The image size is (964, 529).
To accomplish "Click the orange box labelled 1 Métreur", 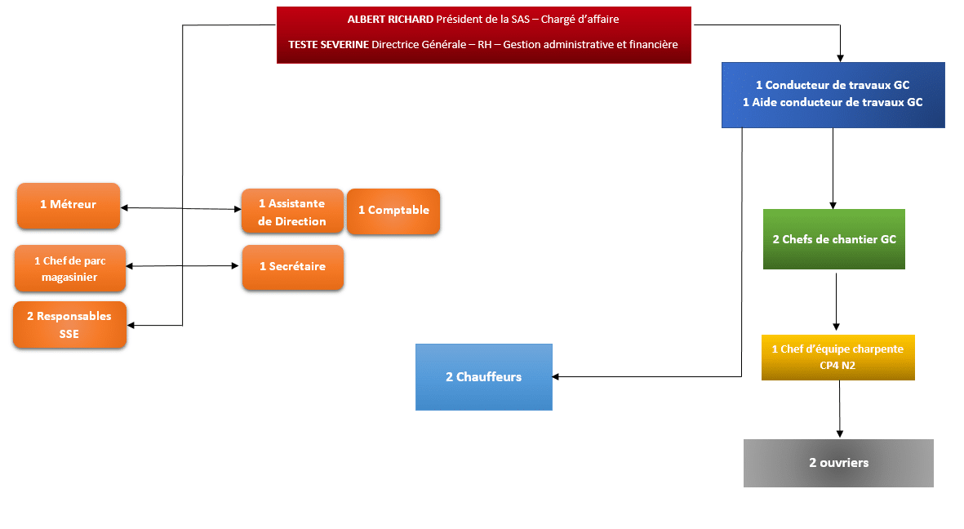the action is click(x=69, y=206).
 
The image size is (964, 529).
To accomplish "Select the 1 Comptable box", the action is click(x=393, y=211).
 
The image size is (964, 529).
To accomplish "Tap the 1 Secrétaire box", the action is click(x=293, y=267).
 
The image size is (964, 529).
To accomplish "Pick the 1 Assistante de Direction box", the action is click(x=293, y=211).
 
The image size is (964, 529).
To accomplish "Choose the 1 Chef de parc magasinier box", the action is click(x=70, y=269).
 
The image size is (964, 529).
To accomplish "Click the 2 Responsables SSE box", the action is click(x=69, y=325).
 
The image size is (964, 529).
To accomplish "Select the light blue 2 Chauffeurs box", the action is click(x=484, y=377).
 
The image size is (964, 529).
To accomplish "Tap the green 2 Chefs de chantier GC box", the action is click(x=833, y=239).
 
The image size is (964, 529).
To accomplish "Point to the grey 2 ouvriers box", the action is click(x=838, y=463).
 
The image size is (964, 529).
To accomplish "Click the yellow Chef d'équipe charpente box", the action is click(x=838, y=358).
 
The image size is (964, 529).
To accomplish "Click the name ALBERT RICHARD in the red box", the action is click(x=390, y=20).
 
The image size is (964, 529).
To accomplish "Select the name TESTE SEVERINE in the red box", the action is click(x=328, y=45).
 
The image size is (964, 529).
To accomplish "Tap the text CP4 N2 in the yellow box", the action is click(x=837, y=366).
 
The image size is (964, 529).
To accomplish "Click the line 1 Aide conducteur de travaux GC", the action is click(x=833, y=103).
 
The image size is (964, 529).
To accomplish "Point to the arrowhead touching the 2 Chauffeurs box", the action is click(x=556, y=376).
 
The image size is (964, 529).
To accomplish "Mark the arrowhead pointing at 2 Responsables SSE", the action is click(x=131, y=325).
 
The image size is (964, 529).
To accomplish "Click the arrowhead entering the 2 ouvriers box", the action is click(x=840, y=434).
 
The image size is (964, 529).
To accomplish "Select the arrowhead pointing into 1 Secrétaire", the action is click(x=235, y=266).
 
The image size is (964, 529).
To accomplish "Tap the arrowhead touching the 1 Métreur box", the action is click(x=124, y=208).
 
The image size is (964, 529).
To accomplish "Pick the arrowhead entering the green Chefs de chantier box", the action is click(x=833, y=206).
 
